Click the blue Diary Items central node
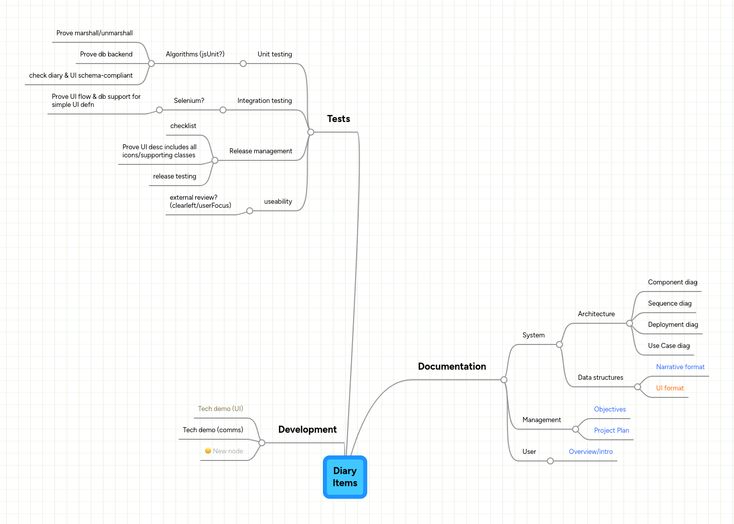(345, 477)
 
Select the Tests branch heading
(338, 119)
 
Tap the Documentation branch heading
(452, 367)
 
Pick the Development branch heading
(307, 430)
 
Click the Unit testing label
(274, 54)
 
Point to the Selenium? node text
(189, 101)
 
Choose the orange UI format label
(670, 388)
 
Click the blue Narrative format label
(680, 367)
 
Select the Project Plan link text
(611, 431)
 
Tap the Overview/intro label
(591, 452)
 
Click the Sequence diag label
(669, 304)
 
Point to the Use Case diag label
(668, 346)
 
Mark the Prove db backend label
(106, 54)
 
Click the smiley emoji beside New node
(208, 451)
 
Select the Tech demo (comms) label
(213, 430)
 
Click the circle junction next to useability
(250, 211)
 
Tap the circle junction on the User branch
(550, 461)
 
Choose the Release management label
(261, 151)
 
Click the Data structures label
(600, 378)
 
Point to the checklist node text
(183, 126)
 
